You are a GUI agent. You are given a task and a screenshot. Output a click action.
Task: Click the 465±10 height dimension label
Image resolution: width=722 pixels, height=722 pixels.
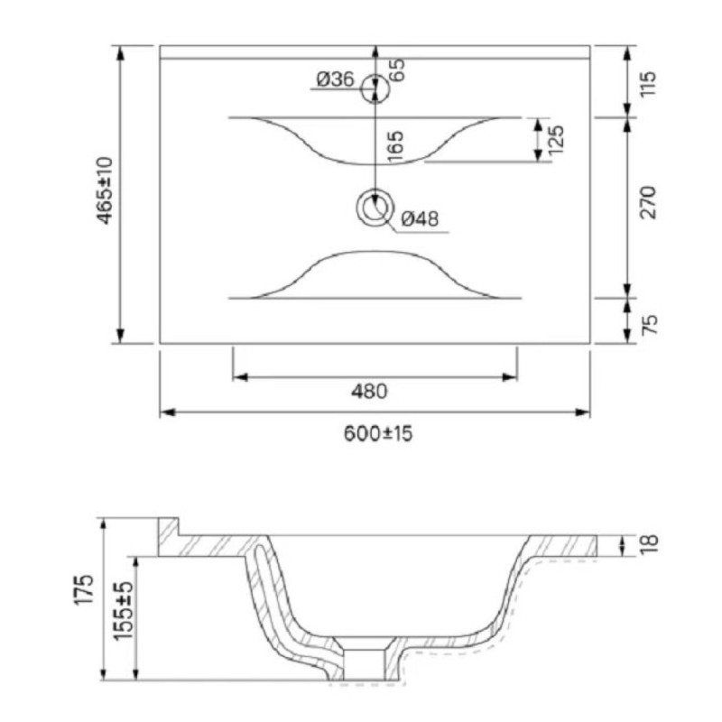(106, 190)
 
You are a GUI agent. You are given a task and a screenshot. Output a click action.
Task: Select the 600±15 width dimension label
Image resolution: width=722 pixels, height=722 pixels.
(378, 433)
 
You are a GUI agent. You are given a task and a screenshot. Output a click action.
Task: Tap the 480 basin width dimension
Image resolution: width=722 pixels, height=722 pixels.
(369, 392)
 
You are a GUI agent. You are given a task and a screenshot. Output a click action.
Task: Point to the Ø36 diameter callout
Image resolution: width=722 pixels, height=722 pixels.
(335, 79)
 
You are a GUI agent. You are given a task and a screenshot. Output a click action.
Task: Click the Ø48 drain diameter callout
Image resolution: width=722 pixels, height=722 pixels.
(420, 218)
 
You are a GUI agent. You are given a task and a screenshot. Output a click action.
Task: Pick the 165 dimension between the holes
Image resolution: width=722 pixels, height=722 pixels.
(396, 146)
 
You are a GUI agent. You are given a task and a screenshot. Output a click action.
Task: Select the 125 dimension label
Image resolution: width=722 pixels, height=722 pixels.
(556, 140)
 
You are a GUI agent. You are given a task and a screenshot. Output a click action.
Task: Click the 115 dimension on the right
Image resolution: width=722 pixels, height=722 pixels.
(647, 83)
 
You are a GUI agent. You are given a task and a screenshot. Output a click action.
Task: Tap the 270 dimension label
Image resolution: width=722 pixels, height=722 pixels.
(648, 202)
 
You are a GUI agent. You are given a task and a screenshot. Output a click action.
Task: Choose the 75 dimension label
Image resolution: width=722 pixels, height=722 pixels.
(649, 325)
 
